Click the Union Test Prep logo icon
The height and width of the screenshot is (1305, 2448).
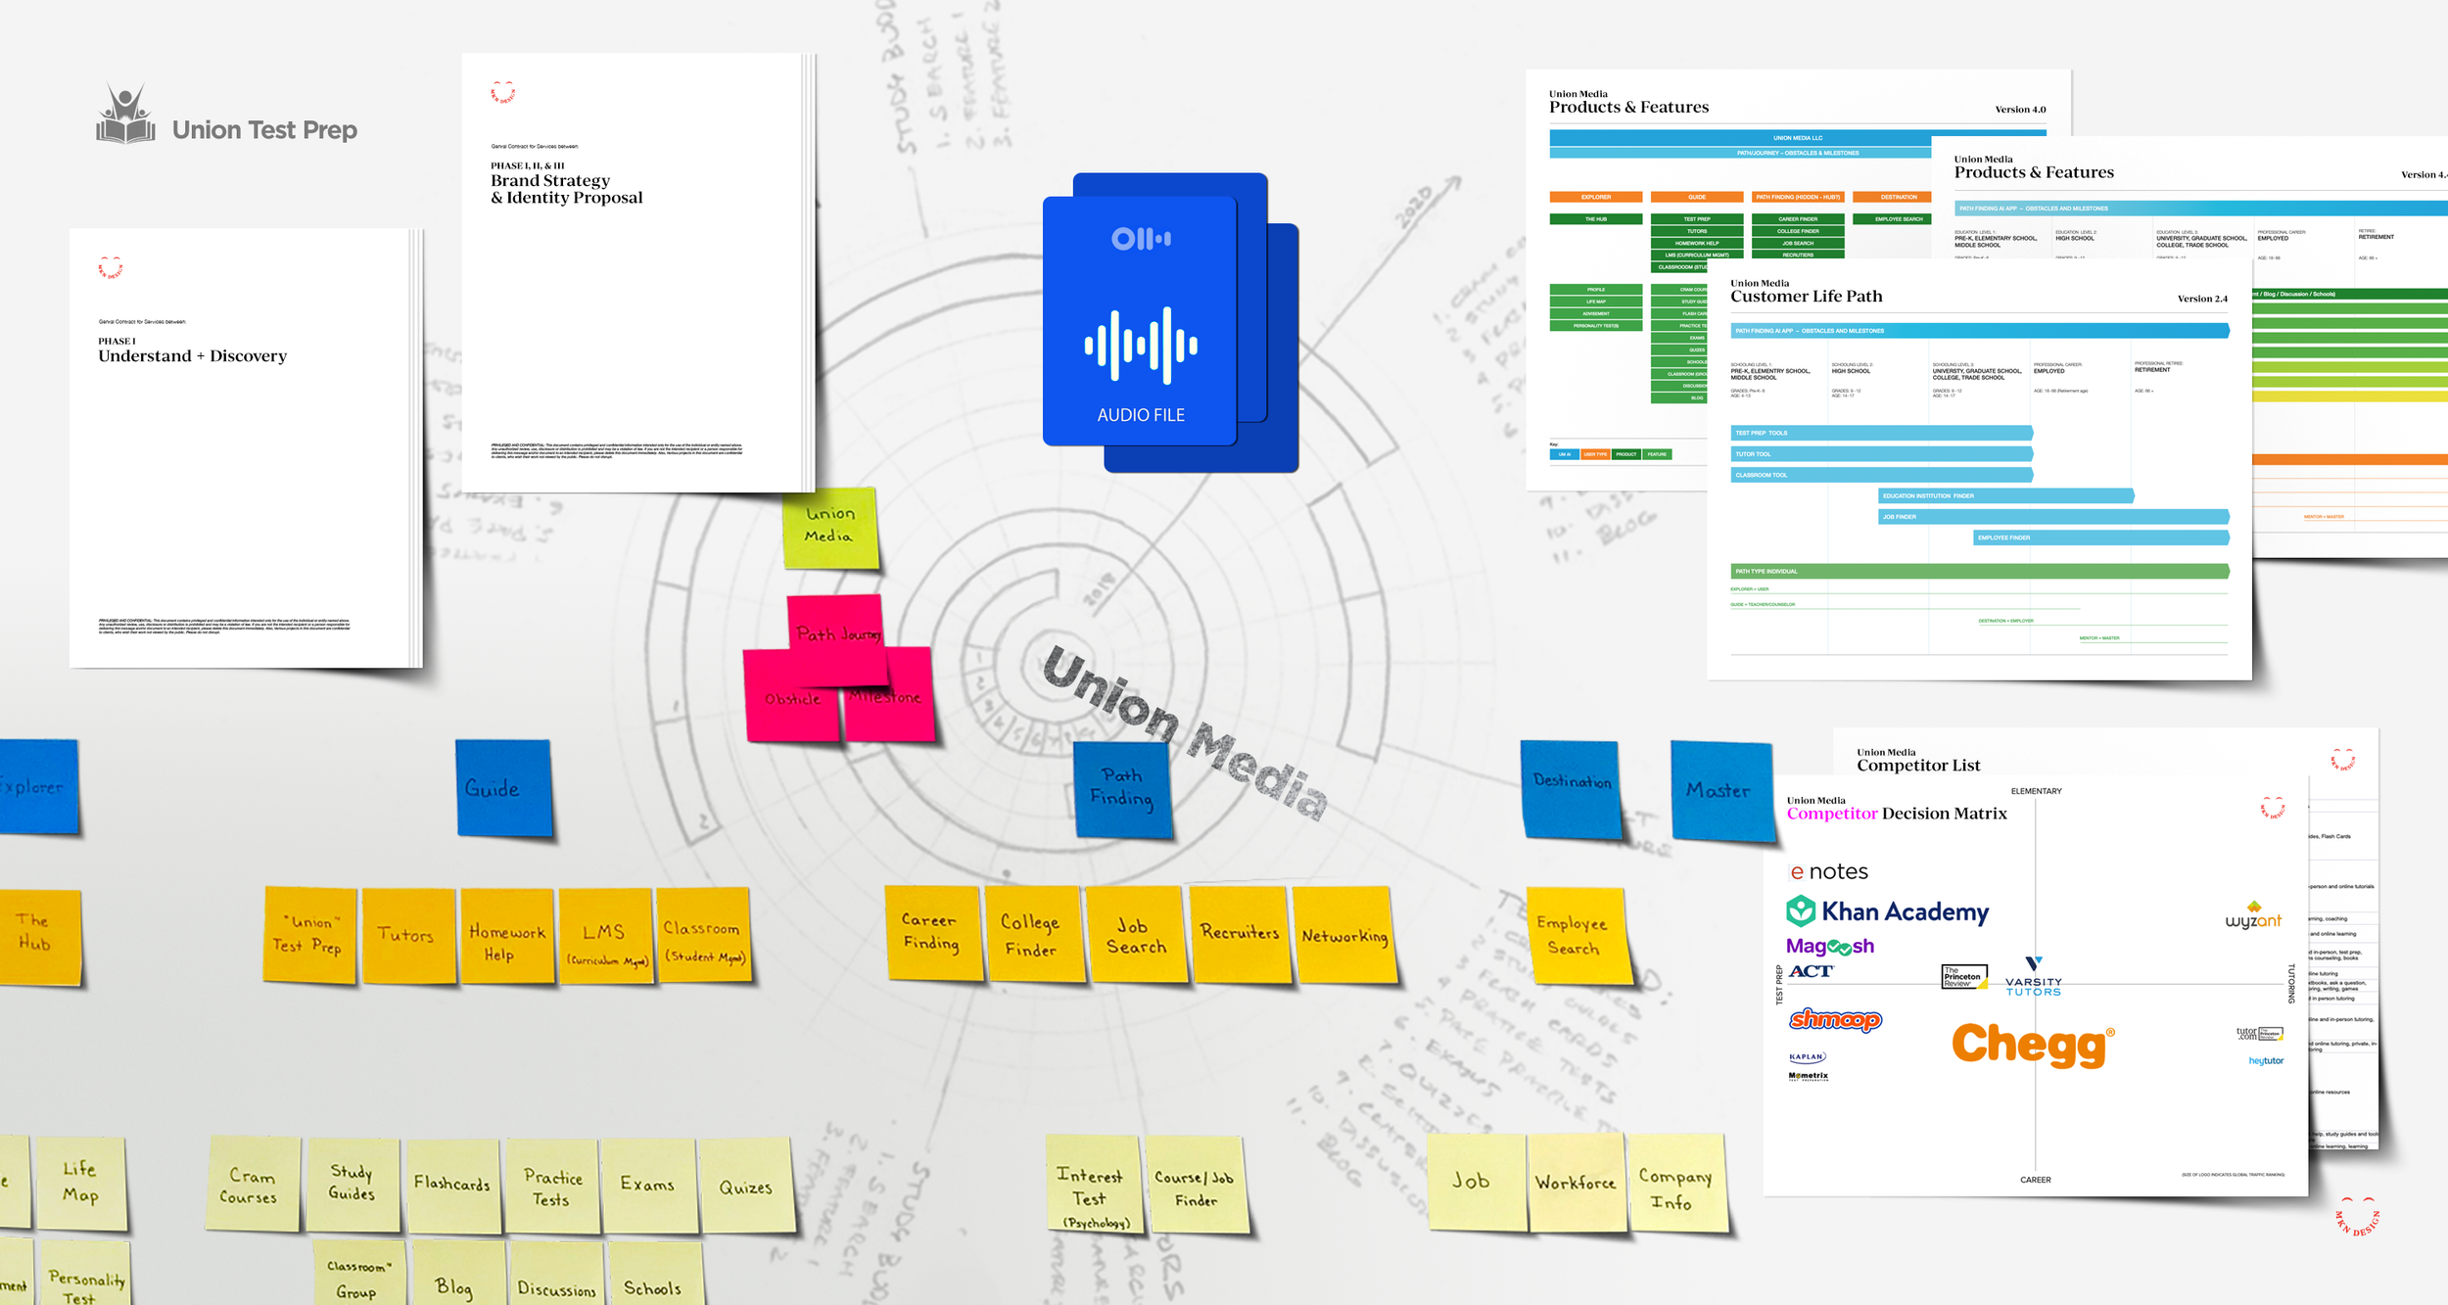click(x=125, y=116)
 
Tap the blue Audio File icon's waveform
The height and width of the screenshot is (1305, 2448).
click(x=1141, y=345)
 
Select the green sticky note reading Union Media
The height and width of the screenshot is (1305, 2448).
click(x=830, y=527)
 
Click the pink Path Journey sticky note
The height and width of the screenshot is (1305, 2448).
click(x=837, y=633)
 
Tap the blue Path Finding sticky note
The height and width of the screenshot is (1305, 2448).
click(x=1122, y=788)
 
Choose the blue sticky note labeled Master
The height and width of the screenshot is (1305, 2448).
click(x=1720, y=790)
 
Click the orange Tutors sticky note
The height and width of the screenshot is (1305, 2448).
click(x=407, y=935)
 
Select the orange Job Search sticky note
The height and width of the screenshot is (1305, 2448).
click(x=1135, y=935)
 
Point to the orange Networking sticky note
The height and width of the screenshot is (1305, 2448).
click(x=1344, y=935)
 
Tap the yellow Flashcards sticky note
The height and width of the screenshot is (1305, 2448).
click(x=452, y=1184)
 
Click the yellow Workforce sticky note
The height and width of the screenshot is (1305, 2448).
click(x=1576, y=1183)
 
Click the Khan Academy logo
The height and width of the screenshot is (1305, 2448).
click(x=1888, y=911)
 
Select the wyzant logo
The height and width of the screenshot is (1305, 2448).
click(x=2253, y=917)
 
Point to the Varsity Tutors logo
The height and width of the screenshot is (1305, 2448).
click(x=2033, y=978)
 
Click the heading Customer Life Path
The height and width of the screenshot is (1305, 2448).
click(x=1806, y=297)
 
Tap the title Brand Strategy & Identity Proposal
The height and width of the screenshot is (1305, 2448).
click(x=566, y=189)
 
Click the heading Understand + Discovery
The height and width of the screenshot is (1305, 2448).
click(x=192, y=356)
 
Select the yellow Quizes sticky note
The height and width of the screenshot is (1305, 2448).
click(x=745, y=1187)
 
